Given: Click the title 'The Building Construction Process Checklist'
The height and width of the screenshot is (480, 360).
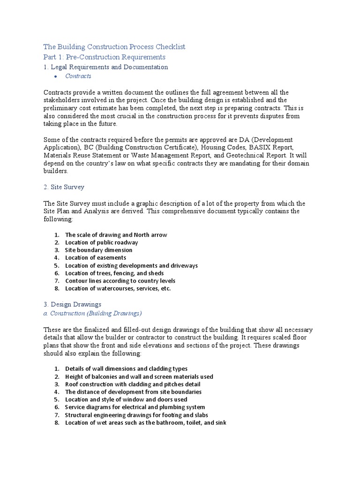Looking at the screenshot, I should [114, 47].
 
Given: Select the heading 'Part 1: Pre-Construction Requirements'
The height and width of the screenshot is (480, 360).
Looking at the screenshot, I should [104, 57].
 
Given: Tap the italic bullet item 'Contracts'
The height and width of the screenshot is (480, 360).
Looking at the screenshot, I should [78, 76].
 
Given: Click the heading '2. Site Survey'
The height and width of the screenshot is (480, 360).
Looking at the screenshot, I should [64, 187].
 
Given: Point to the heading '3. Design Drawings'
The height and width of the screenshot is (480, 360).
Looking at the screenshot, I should [72, 305].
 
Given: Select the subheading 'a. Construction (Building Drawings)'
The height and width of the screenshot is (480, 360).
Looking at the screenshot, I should [92, 313].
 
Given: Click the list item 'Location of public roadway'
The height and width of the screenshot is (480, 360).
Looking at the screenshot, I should [101, 243].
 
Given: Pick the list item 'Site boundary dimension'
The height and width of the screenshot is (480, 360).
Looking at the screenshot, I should [98, 250].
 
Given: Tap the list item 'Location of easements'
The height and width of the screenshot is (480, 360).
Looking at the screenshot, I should [96, 258].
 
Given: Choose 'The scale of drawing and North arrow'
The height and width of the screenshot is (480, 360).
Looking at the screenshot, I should [116, 235].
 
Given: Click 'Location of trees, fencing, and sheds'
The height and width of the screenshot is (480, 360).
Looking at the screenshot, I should [114, 273].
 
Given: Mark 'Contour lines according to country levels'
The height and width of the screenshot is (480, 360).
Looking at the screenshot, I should [120, 281].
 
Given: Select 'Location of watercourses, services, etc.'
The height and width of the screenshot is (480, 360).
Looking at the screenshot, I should [118, 289].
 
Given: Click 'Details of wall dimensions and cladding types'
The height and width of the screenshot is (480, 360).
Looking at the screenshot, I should [126, 369].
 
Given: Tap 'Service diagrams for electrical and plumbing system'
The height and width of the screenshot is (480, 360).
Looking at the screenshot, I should [135, 407].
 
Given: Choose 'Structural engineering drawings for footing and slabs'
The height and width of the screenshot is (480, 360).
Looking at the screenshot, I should [136, 415].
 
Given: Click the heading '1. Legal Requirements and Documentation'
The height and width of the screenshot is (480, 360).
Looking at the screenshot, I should [105, 67].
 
